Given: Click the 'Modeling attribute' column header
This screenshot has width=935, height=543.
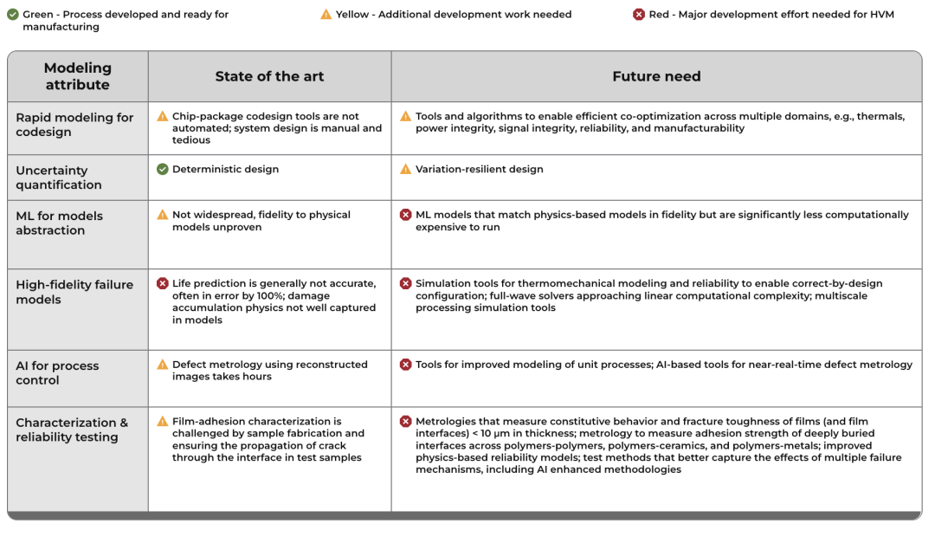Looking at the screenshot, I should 77,76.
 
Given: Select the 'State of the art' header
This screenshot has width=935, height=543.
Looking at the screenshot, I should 269,76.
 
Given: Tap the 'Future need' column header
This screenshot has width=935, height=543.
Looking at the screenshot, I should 656,76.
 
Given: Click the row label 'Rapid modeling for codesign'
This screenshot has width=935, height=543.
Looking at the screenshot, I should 74,125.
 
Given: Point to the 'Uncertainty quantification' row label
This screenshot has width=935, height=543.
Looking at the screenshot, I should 59,178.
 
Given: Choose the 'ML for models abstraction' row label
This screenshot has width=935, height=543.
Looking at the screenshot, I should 59,223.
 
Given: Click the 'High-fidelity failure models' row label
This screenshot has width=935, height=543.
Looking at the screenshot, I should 74,292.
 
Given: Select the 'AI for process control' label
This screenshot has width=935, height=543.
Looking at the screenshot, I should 57,372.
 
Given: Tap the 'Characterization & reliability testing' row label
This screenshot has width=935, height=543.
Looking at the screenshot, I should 72,430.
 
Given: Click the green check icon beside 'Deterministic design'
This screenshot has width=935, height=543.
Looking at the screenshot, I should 163,169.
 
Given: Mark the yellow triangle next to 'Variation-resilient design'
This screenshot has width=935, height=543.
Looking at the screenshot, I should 405,169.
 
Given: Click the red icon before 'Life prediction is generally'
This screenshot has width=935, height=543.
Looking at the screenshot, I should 163,283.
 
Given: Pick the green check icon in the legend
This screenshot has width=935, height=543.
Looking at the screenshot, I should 13,14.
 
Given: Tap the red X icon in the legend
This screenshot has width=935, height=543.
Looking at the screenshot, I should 639,14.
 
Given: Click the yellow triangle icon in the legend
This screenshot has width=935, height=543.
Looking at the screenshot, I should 326,14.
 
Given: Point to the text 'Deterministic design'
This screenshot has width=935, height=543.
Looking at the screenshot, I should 225,169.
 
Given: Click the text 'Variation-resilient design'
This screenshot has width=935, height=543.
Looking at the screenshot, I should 479,169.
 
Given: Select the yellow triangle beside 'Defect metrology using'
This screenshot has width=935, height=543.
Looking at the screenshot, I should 163,365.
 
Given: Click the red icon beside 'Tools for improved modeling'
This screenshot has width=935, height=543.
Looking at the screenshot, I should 405,365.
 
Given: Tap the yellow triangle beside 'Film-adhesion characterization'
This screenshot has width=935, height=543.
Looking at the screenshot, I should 163,421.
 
